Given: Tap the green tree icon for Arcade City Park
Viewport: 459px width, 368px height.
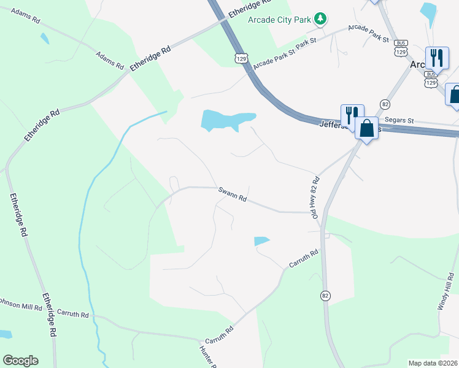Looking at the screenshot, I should (320, 20).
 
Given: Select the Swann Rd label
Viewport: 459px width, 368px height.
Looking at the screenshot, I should (233, 195).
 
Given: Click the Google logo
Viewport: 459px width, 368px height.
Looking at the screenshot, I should (20, 361).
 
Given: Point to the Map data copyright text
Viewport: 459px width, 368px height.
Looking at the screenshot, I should (433, 363).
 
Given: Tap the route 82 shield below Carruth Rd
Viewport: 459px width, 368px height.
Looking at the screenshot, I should (325, 296).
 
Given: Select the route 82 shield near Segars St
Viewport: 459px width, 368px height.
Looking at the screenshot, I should (385, 104).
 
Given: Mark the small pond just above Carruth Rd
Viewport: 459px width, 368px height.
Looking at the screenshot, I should (261, 241).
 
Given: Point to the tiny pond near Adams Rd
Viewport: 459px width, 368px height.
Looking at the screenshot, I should (44, 38).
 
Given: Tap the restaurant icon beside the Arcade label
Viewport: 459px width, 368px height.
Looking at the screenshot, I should (436, 57).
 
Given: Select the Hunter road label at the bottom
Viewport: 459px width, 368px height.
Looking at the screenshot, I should (206, 358).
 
